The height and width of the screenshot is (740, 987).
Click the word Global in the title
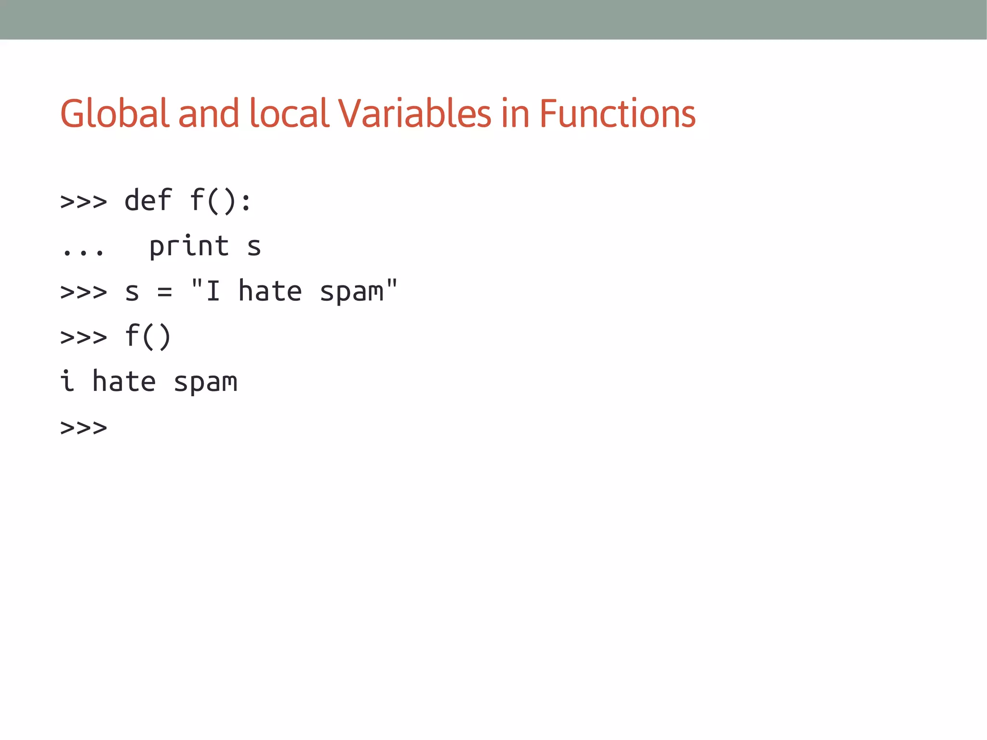click(x=115, y=113)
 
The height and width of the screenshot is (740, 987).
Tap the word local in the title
click(x=289, y=113)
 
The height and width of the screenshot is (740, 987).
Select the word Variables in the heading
click(x=414, y=113)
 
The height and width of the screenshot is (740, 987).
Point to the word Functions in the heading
click(x=617, y=113)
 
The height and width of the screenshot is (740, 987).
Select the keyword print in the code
click(x=189, y=246)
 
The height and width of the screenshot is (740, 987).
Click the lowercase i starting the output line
click(x=67, y=381)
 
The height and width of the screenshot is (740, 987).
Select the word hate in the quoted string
click(x=270, y=292)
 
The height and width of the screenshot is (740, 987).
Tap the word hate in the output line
click(x=124, y=381)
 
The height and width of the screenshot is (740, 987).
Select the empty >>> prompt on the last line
click(x=83, y=428)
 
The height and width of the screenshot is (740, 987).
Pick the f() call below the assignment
click(x=148, y=336)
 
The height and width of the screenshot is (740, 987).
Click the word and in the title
click(x=209, y=113)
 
